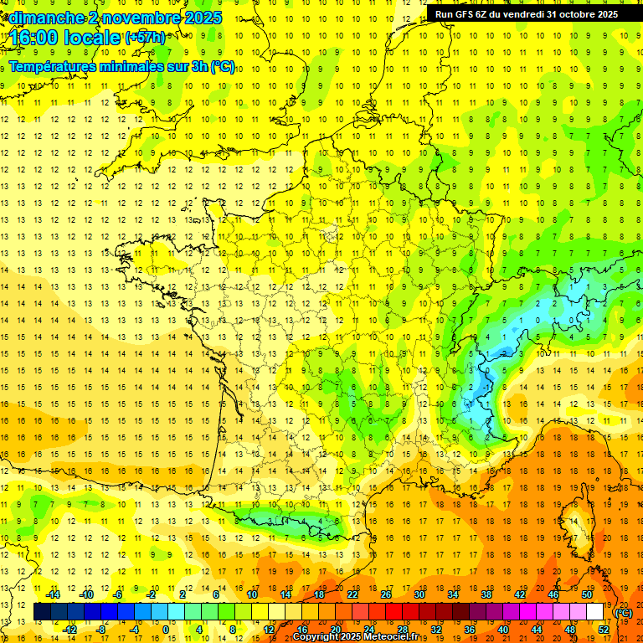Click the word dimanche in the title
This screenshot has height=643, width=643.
point(46,18)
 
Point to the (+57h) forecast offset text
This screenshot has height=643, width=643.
point(144,38)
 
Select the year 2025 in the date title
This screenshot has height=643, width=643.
point(203,18)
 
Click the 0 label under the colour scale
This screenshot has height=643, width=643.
point(165,629)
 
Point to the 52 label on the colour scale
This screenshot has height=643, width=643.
point(604,629)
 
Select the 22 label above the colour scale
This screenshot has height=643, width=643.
point(352,594)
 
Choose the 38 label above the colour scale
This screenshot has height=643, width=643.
point(486,594)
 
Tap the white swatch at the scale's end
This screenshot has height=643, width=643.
point(595,612)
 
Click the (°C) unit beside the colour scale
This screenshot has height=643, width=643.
point(623,613)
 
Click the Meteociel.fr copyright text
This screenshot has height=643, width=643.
point(361,637)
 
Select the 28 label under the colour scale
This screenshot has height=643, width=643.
point(403,629)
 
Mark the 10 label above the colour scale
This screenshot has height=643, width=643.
point(252,594)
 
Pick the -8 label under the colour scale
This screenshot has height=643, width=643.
point(100,629)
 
